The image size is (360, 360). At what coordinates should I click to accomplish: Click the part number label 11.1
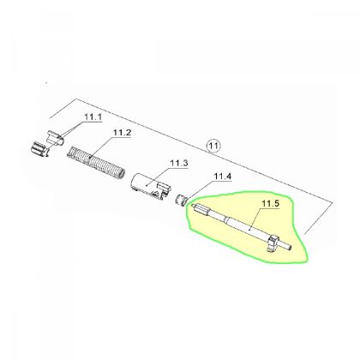tap(93, 117)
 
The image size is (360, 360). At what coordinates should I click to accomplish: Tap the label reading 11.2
tap(122, 133)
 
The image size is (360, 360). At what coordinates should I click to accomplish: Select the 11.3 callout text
tap(179, 164)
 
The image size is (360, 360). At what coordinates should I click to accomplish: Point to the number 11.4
tap(223, 177)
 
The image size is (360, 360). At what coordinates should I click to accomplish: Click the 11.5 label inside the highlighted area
tap(270, 204)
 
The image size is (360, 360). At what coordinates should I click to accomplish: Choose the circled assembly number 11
tap(213, 146)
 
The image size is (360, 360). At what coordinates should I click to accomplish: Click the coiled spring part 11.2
tap(96, 162)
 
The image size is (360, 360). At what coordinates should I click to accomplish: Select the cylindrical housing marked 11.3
tap(150, 185)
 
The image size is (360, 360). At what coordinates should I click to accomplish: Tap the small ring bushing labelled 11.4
tap(180, 200)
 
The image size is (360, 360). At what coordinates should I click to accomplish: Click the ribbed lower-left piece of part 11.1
tap(39, 149)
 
